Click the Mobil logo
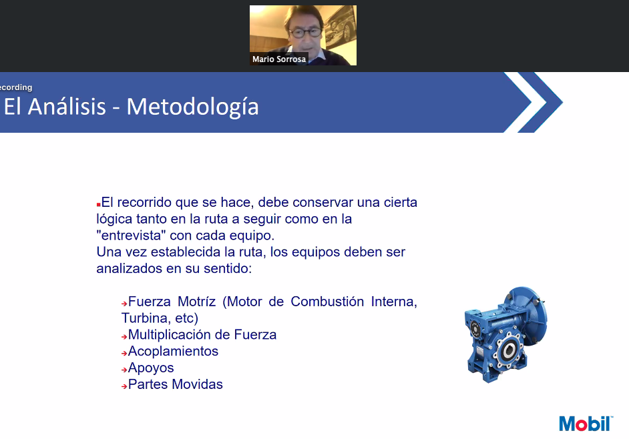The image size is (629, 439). point(586,424)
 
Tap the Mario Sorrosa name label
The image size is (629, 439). point(279,59)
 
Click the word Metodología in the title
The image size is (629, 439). point(192,107)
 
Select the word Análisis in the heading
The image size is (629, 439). point(67,106)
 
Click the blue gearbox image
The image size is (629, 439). point(506,335)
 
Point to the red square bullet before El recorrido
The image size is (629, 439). point(98,204)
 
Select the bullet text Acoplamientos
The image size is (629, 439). point(174,351)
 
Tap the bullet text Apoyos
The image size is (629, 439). point(151,368)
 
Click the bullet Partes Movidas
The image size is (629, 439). point(176,384)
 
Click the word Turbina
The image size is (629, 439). point(145,318)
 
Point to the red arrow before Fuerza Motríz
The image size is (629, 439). point(124,304)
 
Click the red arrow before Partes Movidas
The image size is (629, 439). point(124,386)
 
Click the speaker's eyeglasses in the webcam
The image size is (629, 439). point(305,33)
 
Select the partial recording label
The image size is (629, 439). point(16,87)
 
